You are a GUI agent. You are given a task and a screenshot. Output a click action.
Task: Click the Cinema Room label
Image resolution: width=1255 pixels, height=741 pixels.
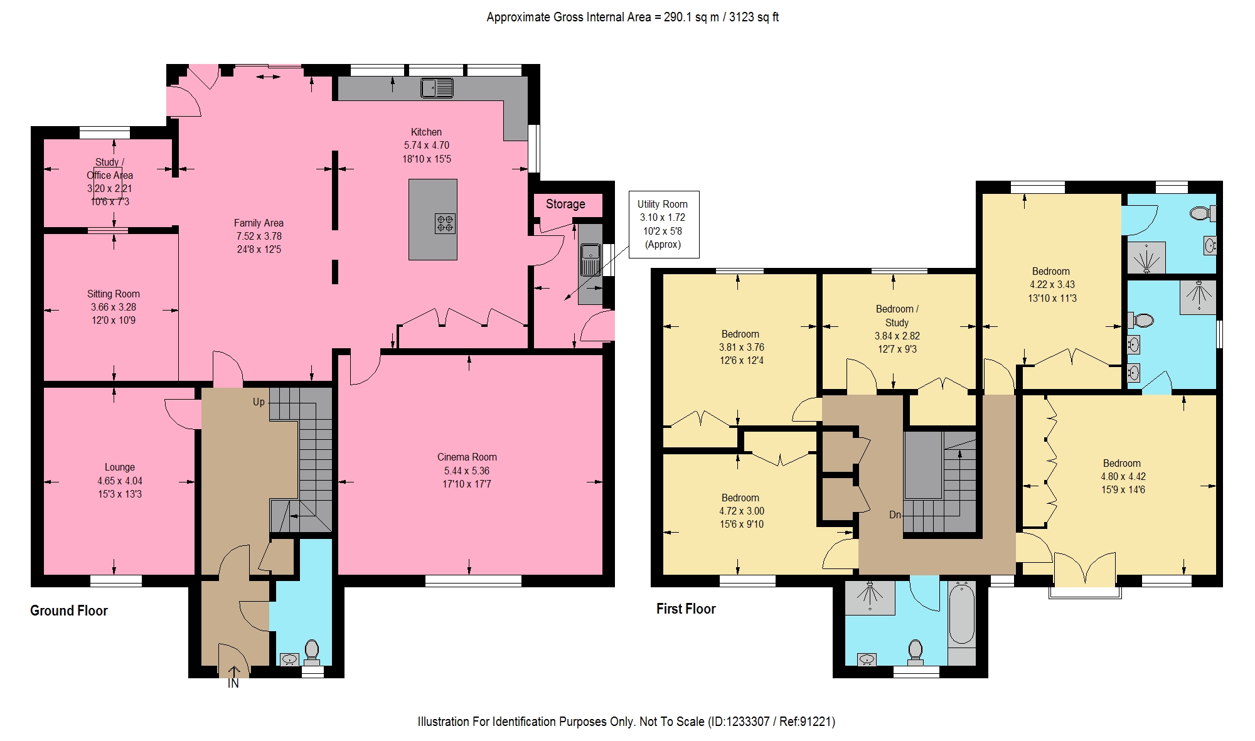point(467,457)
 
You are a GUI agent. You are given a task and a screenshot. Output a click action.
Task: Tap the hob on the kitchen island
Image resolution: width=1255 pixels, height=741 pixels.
point(445,223)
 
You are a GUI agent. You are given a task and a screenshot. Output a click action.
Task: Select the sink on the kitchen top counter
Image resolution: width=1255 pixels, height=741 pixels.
point(437,88)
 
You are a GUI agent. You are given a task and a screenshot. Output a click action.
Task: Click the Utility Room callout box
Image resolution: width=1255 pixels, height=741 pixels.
point(663,225)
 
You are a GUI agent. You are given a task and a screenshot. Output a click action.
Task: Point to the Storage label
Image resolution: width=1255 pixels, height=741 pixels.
point(565,204)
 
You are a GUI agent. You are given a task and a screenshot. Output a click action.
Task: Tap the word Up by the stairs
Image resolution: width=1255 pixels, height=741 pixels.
point(259,402)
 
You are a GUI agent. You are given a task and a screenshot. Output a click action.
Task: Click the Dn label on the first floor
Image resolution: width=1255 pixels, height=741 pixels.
point(895,514)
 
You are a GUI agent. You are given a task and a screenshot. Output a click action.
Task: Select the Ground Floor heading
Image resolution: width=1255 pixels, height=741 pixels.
point(69,610)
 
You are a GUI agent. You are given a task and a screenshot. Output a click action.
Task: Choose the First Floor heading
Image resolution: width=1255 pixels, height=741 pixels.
point(686,609)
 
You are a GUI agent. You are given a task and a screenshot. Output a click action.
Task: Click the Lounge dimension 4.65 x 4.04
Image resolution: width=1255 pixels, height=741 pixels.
point(120,481)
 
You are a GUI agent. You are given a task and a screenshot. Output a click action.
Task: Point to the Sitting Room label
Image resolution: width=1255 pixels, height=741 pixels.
point(114,294)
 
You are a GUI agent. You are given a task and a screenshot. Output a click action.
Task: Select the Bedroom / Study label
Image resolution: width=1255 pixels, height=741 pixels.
point(897,316)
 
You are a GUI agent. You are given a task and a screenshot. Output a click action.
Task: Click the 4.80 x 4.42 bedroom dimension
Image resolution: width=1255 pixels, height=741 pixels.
point(1123,476)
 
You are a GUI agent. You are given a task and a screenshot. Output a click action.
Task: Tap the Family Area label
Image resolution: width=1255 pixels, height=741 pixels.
point(259,223)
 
